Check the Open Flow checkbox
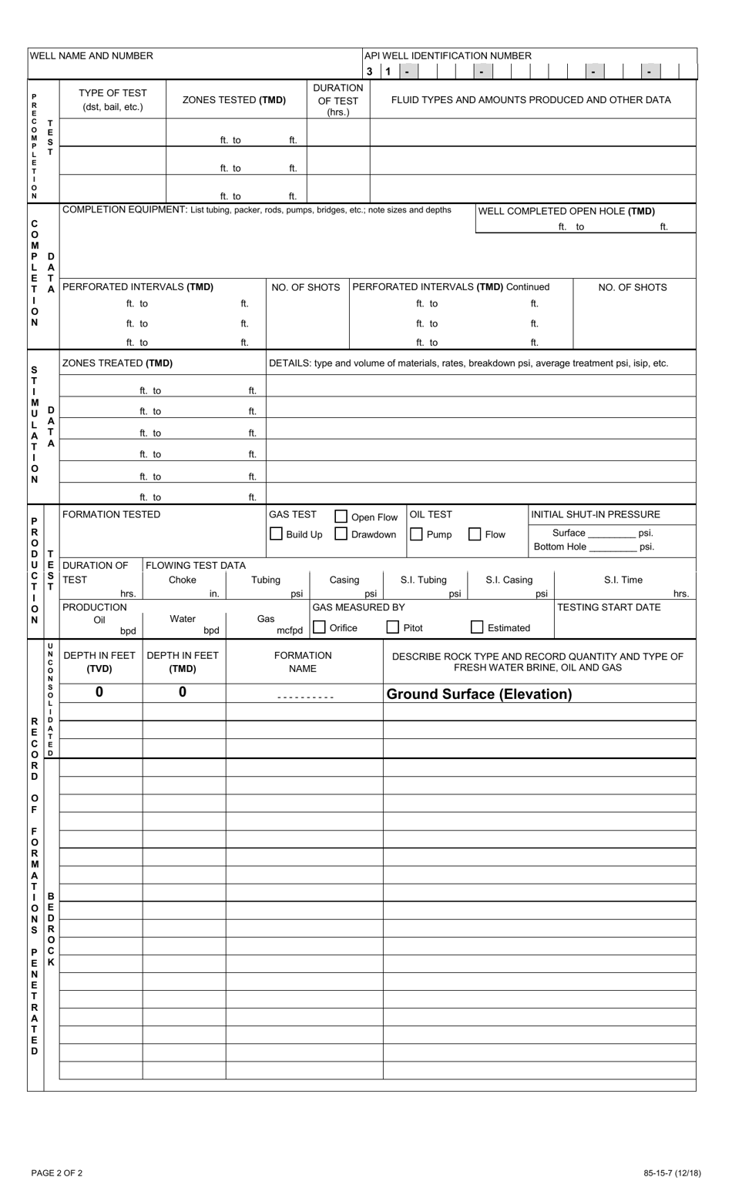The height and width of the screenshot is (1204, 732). (341, 517)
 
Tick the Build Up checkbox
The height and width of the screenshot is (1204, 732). (276, 533)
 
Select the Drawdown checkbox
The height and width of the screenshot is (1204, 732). (341, 533)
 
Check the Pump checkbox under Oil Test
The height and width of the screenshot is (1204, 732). (416, 533)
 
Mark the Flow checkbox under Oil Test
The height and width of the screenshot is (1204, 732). (475, 533)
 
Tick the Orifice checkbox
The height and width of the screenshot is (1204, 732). (319, 627)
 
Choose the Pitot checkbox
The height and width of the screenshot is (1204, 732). (393, 627)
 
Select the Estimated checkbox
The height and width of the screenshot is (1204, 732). (478, 627)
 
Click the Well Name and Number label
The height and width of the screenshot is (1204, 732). (92, 55)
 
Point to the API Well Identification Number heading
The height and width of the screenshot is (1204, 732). (448, 55)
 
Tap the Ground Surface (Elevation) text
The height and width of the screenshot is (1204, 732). (478, 694)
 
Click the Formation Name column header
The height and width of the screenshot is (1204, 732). (303, 662)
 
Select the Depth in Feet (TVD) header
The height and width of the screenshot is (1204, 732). (99, 662)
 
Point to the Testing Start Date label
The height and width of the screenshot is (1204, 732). (609, 607)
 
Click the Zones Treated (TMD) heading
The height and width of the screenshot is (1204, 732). (117, 363)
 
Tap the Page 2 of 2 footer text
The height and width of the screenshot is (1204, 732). (57, 1173)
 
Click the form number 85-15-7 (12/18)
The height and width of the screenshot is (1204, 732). (672, 1173)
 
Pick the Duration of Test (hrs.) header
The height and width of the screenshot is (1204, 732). (337, 99)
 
